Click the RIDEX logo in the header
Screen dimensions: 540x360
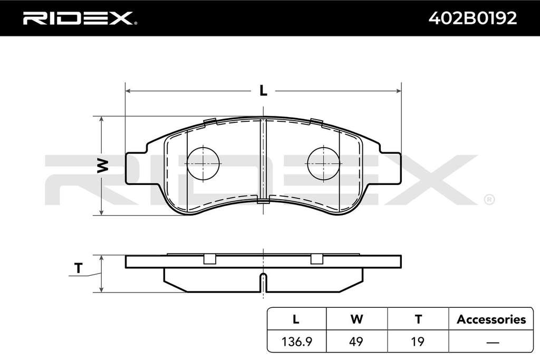coord(80,18)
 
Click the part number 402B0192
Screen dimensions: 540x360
coord(472,18)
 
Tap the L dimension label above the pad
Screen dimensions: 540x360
coord(263,91)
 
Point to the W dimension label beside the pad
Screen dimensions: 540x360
coord(103,166)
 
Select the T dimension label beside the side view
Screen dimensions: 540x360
coord(79,268)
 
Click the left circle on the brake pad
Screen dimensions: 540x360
coord(203,163)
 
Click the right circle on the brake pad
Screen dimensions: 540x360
coord(324,163)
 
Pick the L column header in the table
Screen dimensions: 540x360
coord(296,319)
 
